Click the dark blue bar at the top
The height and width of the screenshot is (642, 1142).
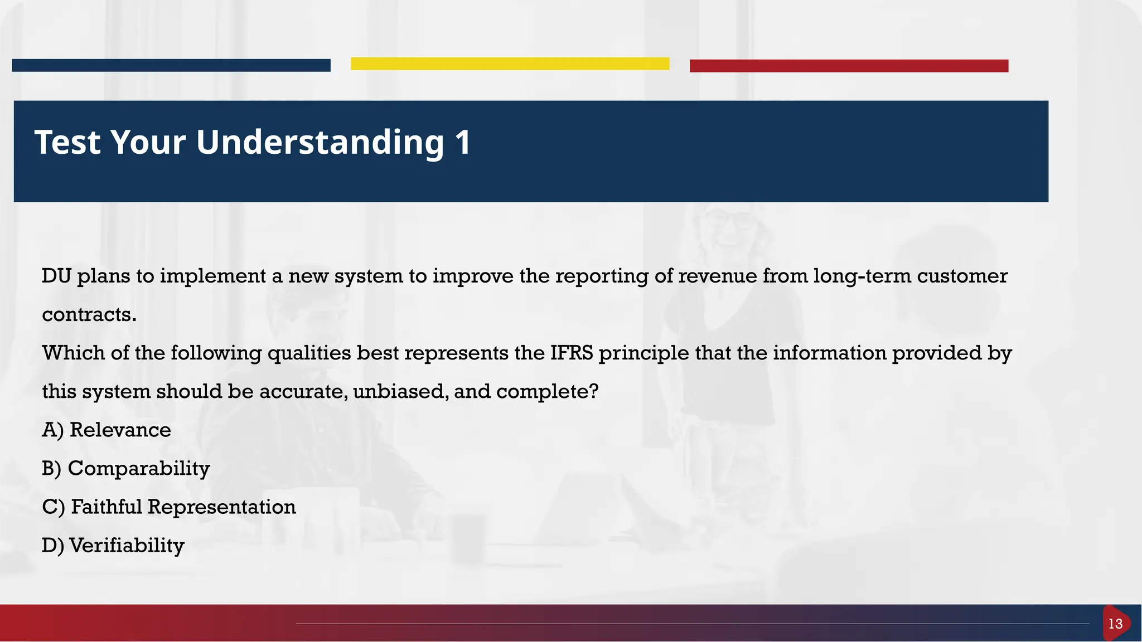[171, 65]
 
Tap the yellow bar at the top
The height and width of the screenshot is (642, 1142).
[510, 64]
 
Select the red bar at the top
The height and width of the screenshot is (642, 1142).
[849, 66]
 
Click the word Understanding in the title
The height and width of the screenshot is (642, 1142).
[320, 143]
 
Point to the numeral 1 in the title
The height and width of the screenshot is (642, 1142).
[463, 142]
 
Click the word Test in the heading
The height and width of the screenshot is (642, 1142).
[67, 142]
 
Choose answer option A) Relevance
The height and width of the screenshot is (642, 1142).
[106, 430]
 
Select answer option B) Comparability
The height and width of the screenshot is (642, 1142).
[125, 469]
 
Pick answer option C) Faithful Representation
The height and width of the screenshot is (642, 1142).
[168, 507]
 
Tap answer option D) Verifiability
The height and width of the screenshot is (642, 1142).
[113, 546]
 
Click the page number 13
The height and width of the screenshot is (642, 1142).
[1115, 624]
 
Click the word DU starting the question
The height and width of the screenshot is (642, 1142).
[56, 276]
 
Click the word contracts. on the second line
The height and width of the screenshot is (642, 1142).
[89, 315]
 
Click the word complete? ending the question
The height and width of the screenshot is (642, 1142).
[547, 391]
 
